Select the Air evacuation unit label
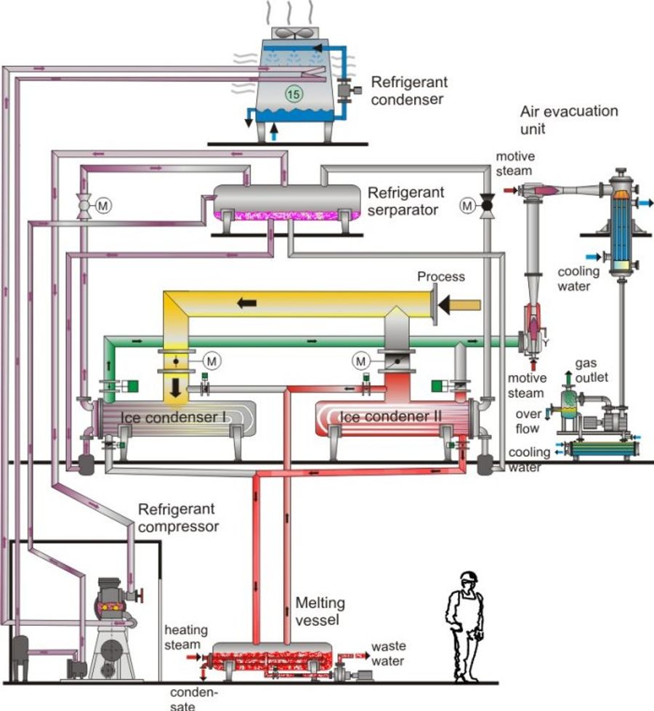(x=569, y=120)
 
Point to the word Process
(x=440, y=277)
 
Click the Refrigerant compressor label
(x=178, y=517)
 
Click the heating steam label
(x=185, y=638)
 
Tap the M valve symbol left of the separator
(x=102, y=206)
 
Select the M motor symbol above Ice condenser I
(x=211, y=360)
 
